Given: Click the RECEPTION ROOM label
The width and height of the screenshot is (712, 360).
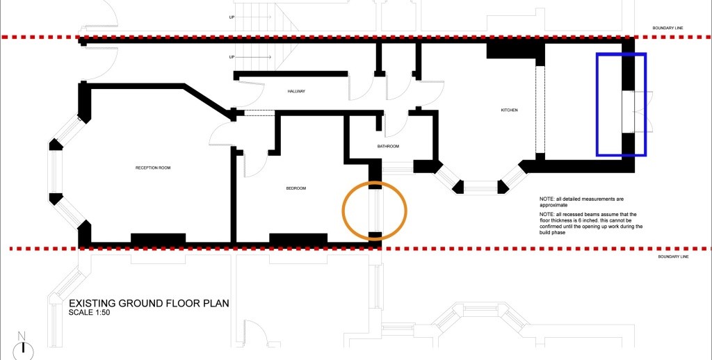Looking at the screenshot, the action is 152,168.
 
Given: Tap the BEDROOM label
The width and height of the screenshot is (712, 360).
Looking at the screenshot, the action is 296,188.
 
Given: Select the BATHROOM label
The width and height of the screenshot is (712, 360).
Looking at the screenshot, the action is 388,146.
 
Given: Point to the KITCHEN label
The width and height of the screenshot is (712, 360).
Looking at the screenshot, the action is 509,111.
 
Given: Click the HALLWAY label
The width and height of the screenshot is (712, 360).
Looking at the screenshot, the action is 296,91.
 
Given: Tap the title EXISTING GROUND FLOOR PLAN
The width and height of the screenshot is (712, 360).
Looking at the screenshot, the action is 149,303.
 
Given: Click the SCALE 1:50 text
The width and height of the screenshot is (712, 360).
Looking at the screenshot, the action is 90,313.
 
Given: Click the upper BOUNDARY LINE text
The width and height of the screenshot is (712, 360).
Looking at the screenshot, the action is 667,28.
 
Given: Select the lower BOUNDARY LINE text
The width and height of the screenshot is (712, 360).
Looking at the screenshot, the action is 673,257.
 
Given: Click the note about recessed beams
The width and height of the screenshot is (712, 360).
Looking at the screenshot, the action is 591,223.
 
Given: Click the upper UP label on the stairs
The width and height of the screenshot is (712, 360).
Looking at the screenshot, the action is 232,17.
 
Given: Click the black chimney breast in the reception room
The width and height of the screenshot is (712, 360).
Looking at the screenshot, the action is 158,238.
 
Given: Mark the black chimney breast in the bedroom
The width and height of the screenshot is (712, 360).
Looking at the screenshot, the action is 298,238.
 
